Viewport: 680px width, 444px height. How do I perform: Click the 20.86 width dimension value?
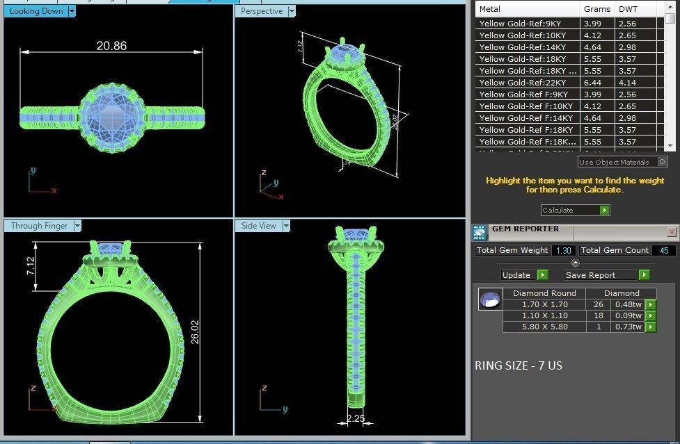[x=111, y=46]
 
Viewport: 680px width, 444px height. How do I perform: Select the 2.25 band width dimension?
[x=356, y=419]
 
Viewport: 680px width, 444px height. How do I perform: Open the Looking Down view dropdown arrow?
[x=72, y=11]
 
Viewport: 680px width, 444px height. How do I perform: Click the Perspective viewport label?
[x=262, y=11]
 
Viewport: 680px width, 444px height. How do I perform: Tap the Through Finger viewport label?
[x=39, y=226]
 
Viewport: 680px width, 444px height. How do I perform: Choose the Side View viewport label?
[x=258, y=226]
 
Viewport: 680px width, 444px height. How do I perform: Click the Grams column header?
[x=596, y=10]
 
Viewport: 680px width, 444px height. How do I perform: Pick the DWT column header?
[x=628, y=10]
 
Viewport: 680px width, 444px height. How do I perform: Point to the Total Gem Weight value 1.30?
[x=563, y=250]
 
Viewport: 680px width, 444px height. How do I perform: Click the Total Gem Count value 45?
[x=664, y=250]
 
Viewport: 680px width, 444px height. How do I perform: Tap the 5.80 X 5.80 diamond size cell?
[x=544, y=327]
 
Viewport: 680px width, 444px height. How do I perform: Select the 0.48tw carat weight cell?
[x=626, y=304]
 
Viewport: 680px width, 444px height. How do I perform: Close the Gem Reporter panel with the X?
[x=672, y=231]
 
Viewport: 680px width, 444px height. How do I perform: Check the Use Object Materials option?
[x=662, y=162]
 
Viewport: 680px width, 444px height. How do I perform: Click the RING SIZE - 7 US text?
[x=518, y=365]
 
